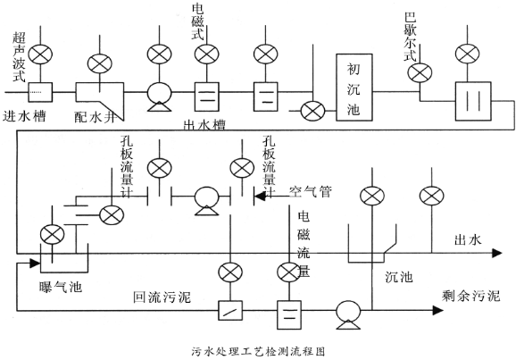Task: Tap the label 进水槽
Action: tap(28, 116)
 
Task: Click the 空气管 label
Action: tap(312, 191)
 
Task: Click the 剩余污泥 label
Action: tap(470, 295)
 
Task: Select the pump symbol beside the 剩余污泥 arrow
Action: tap(346, 312)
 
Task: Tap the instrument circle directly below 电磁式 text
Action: tap(206, 55)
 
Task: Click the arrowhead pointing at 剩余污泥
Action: tap(437, 311)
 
